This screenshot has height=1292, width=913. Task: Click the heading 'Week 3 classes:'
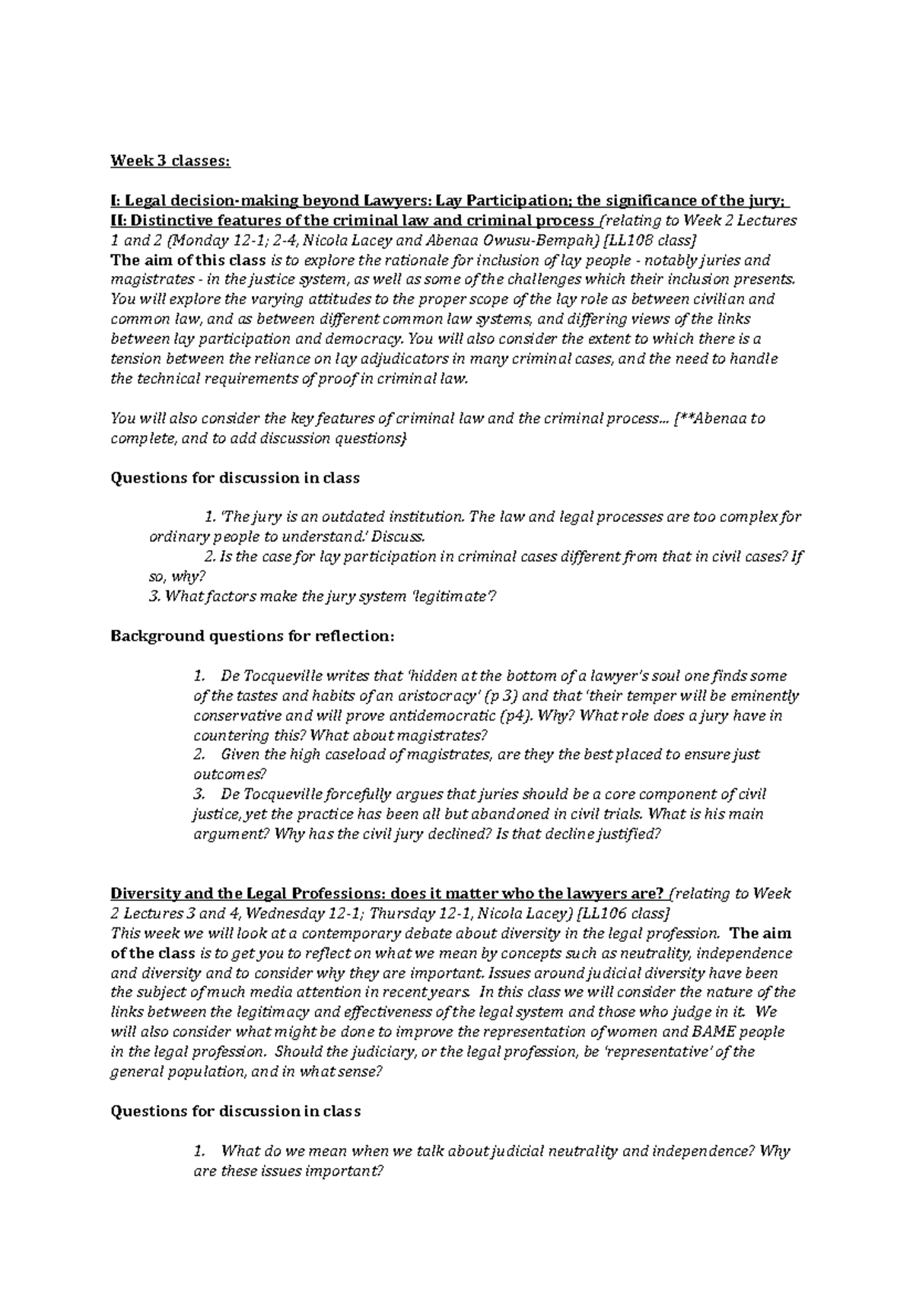(x=169, y=161)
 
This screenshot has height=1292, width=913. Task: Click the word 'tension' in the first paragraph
(x=133, y=359)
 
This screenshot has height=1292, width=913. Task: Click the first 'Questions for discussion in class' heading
(x=235, y=478)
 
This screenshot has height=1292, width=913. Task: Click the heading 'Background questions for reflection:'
(x=253, y=636)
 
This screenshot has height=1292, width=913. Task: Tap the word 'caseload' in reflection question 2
(x=356, y=755)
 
